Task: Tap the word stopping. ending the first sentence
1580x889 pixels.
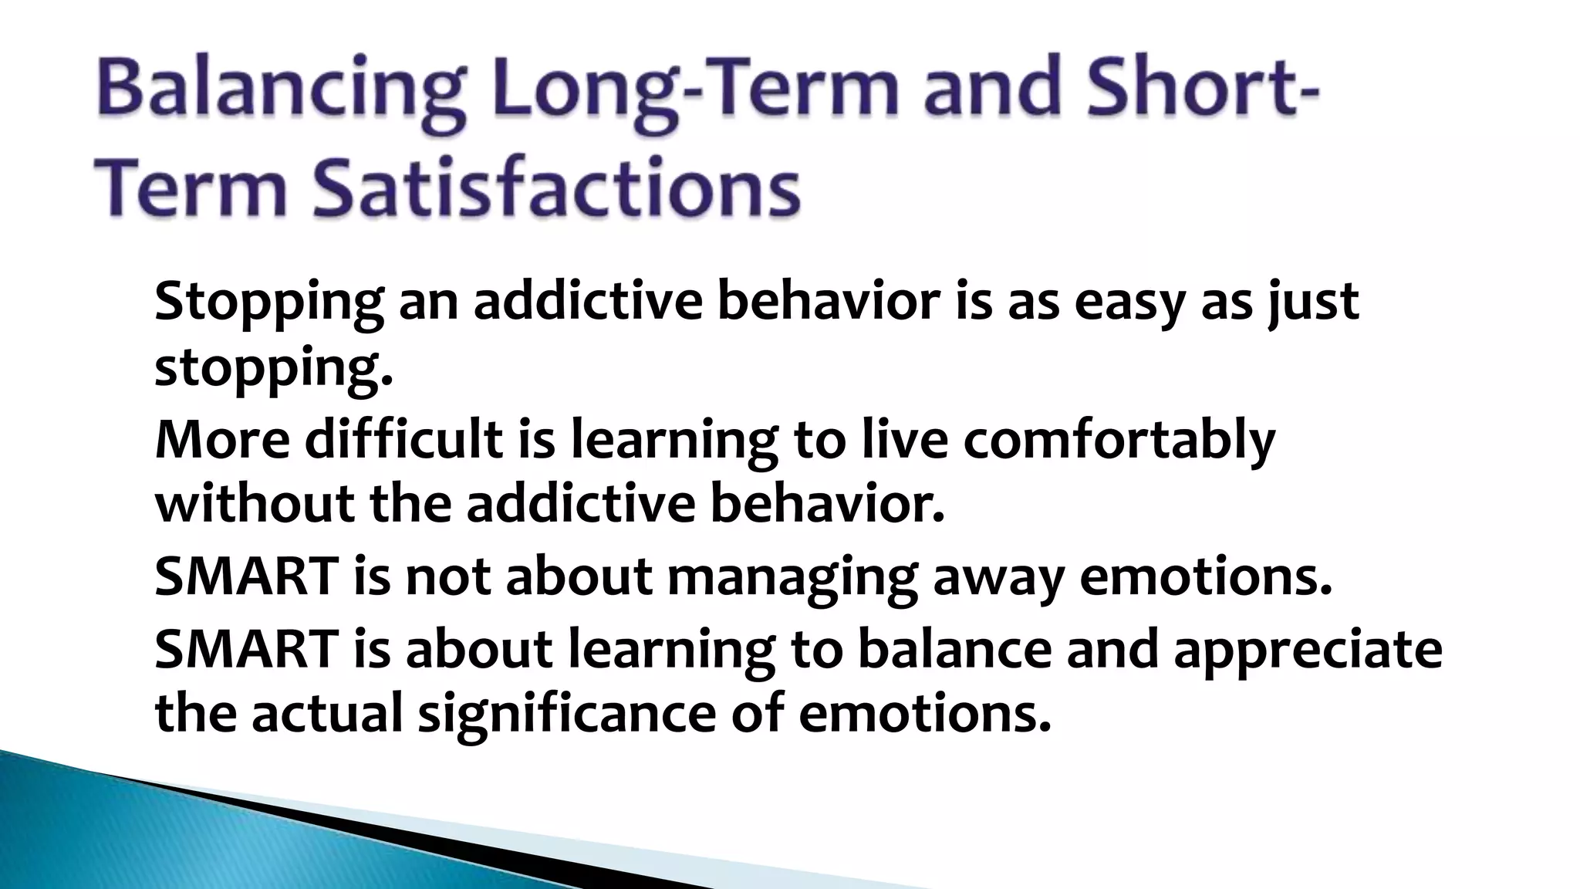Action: (x=274, y=369)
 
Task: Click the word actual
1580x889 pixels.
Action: (x=327, y=714)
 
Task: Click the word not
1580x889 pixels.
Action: (x=448, y=577)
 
